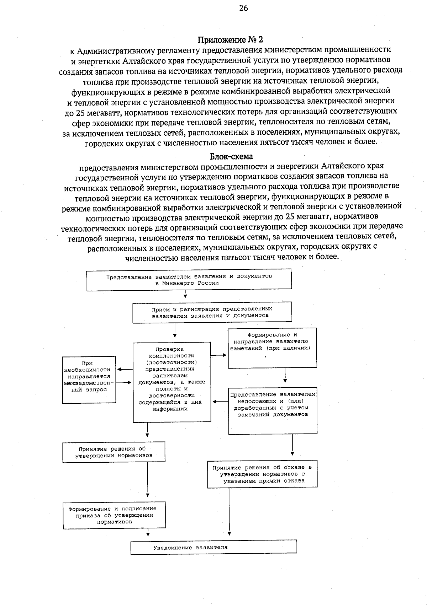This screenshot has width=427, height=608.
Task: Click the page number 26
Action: (x=243, y=8)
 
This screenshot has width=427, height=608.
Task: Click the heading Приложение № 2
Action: (x=230, y=39)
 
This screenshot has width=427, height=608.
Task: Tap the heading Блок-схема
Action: (x=231, y=156)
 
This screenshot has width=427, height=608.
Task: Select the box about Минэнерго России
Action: (x=189, y=280)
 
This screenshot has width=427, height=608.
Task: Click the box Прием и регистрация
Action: (x=212, y=312)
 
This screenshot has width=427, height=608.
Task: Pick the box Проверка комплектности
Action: (x=172, y=382)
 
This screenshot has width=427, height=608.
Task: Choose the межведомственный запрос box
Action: (x=89, y=380)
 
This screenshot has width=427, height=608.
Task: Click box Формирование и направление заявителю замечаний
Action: (x=272, y=348)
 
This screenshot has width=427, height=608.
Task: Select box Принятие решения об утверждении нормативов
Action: (x=114, y=452)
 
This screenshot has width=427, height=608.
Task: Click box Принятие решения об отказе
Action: (x=262, y=474)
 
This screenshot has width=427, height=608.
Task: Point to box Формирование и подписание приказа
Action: (x=114, y=515)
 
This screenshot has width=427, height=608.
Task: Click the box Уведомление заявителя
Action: (x=213, y=548)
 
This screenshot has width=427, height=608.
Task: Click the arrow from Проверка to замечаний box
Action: (x=219, y=355)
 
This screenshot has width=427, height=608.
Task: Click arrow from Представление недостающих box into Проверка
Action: (x=220, y=402)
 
